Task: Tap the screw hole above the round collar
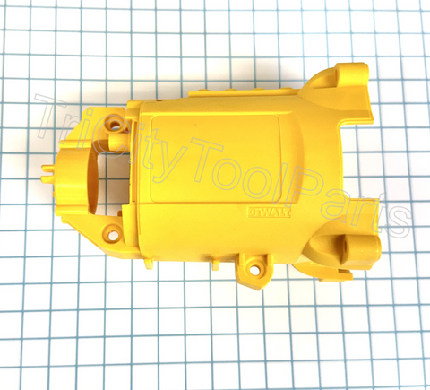[114, 118]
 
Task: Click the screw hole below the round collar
[113, 235]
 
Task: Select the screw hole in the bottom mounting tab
[254, 266]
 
